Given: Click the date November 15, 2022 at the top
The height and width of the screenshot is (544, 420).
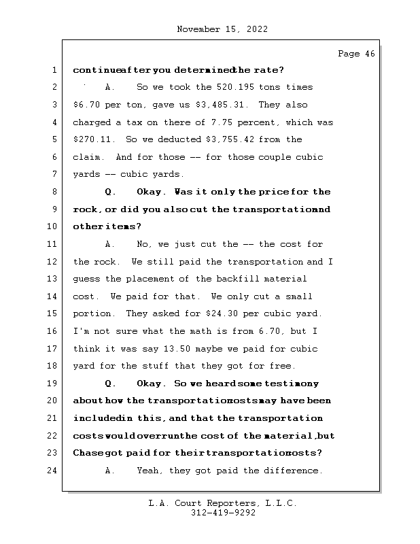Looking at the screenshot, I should point(222,29).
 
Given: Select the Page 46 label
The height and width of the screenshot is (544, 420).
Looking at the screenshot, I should point(356,54).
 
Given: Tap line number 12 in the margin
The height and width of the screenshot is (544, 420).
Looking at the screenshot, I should point(54,262).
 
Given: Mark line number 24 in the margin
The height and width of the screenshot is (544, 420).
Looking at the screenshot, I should point(54,471).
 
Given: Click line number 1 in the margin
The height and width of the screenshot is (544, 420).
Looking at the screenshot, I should point(54,70).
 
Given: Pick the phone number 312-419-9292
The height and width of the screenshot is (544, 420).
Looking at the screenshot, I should point(224,513).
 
